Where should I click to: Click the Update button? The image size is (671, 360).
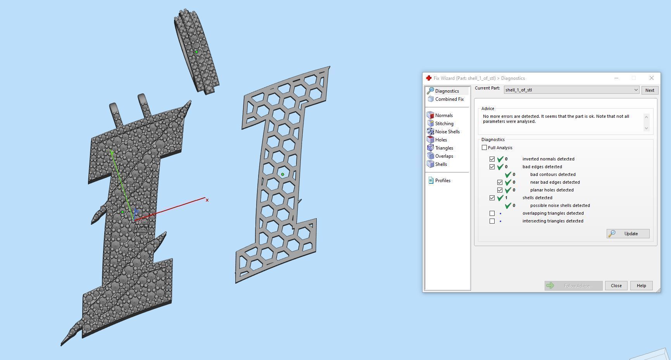coord(628,234)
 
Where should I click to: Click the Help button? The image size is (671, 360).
coord(641,286)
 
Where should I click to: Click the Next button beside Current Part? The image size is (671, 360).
coord(650,90)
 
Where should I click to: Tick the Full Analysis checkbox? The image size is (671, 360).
coord(484,148)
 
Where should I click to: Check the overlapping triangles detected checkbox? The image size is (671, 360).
coord(492,213)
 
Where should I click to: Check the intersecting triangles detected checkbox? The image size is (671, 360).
coord(492,221)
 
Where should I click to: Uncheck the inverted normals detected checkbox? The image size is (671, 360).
coord(492,159)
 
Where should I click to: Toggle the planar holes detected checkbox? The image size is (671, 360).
coord(500,190)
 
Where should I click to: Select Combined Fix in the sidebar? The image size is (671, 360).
coord(449,99)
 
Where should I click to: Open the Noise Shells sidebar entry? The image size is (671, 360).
coord(447,132)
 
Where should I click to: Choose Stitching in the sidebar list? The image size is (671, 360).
coord(444,124)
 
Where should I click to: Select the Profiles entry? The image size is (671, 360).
coord(442,181)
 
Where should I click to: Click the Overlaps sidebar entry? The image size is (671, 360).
coord(444,156)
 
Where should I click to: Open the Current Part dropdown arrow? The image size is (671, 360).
coord(636,90)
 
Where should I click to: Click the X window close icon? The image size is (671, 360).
coord(651,78)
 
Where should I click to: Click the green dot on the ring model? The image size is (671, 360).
coord(196,52)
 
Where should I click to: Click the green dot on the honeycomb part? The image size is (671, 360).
coord(283,174)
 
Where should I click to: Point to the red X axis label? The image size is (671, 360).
coord(207,200)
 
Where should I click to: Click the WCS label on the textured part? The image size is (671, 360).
coord(141,228)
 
